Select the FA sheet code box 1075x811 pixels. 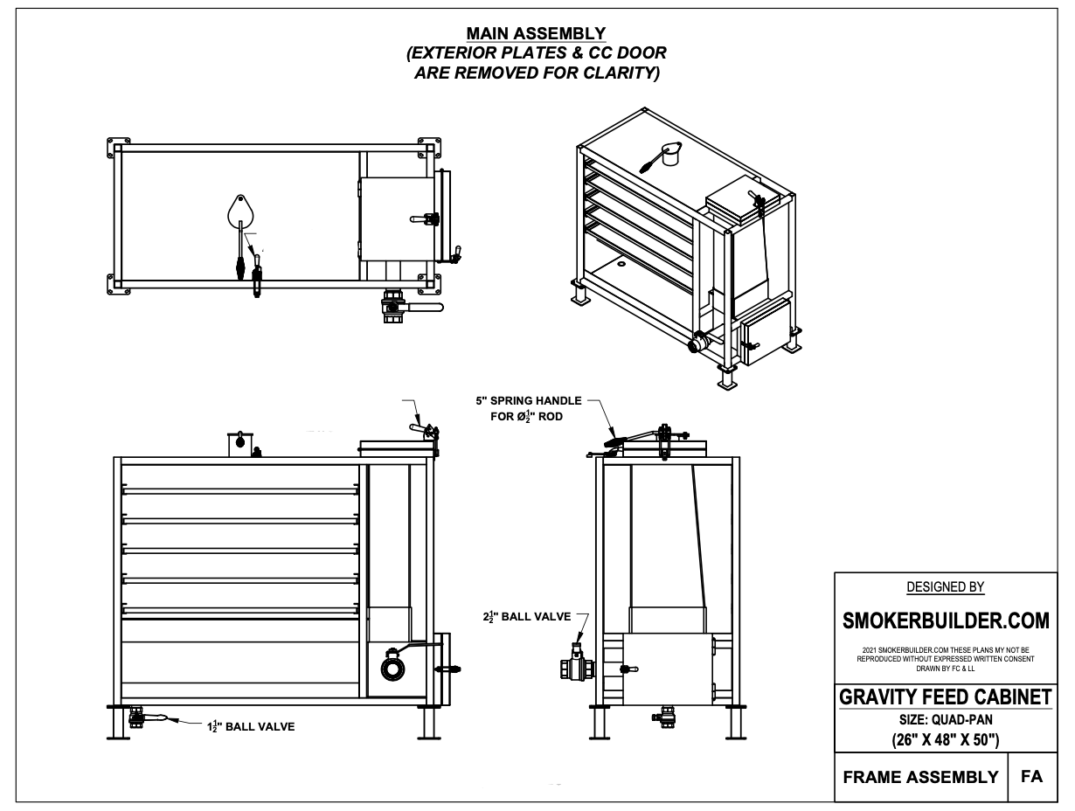click(1031, 776)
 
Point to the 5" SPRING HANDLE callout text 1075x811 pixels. click(527, 408)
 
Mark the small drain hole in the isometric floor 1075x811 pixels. click(621, 262)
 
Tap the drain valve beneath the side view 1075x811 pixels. click(666, 716)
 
